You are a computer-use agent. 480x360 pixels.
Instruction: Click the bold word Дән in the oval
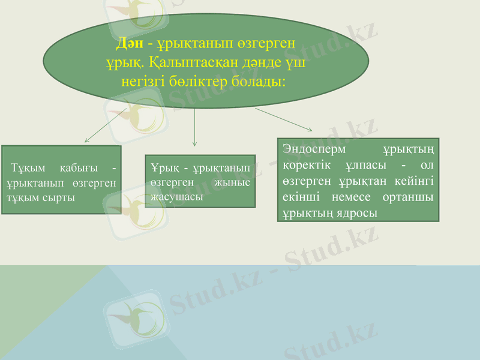click(129, 44)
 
